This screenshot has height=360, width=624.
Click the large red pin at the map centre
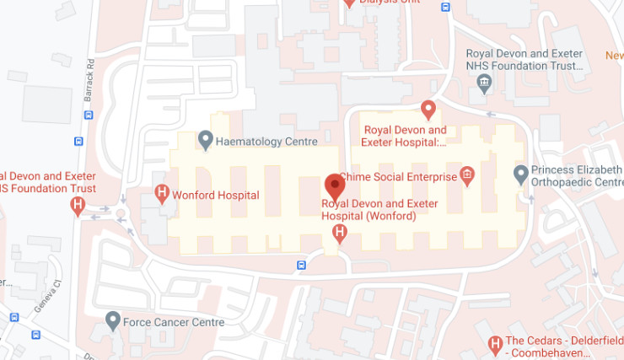click(335, 185)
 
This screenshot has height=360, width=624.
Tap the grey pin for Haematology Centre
click(205, 140)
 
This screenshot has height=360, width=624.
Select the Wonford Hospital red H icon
click(162, 194)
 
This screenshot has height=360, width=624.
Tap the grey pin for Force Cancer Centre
click(113, 320)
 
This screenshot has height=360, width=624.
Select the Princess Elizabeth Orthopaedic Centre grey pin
click(521, 175)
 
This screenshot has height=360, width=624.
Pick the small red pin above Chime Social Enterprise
click(428, 110)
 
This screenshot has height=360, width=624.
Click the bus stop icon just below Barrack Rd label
click(78, 141)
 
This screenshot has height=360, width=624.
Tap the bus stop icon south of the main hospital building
click(301, 266)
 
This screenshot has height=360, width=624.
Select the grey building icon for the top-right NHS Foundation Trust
click(484, 82)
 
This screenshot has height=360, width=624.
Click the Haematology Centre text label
click(266, 142)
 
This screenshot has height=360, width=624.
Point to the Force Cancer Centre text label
click(174, 322)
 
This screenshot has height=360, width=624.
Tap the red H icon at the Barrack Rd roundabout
click(78, 205)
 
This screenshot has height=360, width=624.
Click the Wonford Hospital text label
click(215, 195)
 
